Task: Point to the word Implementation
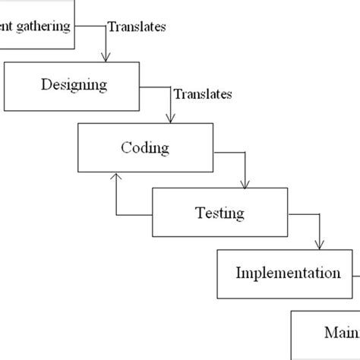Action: (288, 272)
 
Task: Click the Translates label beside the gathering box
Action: (137, 27)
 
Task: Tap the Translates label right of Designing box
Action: (203, 95)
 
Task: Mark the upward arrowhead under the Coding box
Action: (115, 176)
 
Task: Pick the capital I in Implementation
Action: (238, 272)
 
